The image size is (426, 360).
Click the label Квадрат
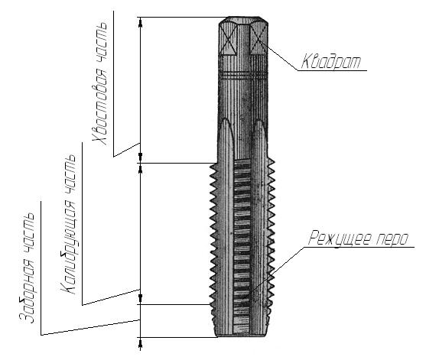pos(330,60)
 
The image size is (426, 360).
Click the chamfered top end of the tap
pos(241,21)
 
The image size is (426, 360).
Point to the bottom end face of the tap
pos(242,335)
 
